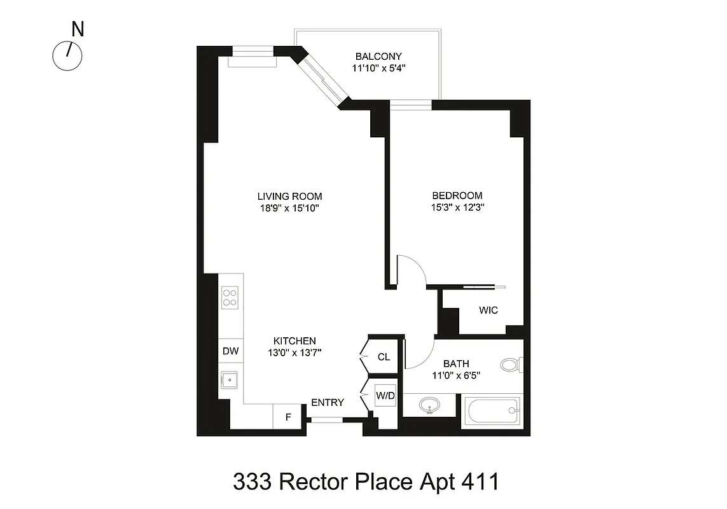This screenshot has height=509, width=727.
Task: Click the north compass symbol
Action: tap(67, 56)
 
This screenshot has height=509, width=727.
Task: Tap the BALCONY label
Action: tap(378, 57)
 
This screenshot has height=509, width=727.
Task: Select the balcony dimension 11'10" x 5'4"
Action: tap(378, 69)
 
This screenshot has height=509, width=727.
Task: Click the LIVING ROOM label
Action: tap(289, 196)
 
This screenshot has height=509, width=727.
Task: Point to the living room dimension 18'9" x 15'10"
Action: tap(289, 208)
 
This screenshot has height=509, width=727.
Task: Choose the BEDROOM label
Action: tap(457, 195)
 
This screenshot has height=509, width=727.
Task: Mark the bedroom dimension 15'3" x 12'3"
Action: tap(457, 207)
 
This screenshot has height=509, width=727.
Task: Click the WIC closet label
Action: tap(488, 310)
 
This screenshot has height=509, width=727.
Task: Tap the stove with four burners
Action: tap(230, 298)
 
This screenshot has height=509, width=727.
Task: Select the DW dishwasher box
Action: tap(229, 351)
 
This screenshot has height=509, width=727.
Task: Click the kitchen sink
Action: tap(229, 380)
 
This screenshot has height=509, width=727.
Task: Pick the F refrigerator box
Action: tap(288, 417)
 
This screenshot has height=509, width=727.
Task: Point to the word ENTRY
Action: tap(328, 403)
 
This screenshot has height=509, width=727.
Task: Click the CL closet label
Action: tap(384, 357)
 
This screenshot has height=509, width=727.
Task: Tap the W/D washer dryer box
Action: tap(385, 396)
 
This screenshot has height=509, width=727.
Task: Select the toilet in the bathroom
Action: tap(511, 365)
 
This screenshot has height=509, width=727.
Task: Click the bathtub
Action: tap(494, 412)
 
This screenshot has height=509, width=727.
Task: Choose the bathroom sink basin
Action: tap(430, 405)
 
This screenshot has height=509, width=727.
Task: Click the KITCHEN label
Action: tap(294, 341)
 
